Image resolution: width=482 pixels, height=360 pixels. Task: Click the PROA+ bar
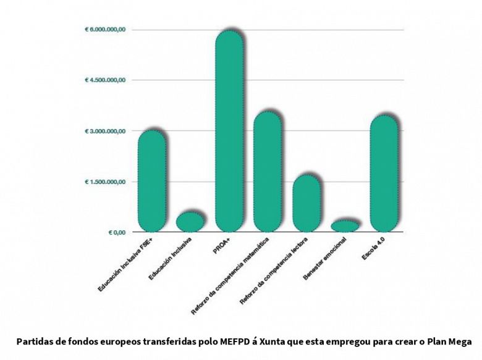pyautogui.click(x=229, y=131)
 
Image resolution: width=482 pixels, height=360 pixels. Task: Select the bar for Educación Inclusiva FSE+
pyautogui.click(x=152, y=181)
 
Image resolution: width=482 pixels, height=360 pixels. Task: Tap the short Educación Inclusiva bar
pyautogui.click(x=190, y=221)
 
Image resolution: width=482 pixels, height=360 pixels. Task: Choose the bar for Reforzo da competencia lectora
pyautogui.click(x=307, y=203)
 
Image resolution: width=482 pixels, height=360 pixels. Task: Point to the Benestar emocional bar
pyautogui.click(x=345, y=226)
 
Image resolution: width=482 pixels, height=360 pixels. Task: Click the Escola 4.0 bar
pyautogui.click(x=384, y=174)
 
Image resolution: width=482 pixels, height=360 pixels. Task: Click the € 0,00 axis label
pyautogui.click(x=117, y=232)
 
